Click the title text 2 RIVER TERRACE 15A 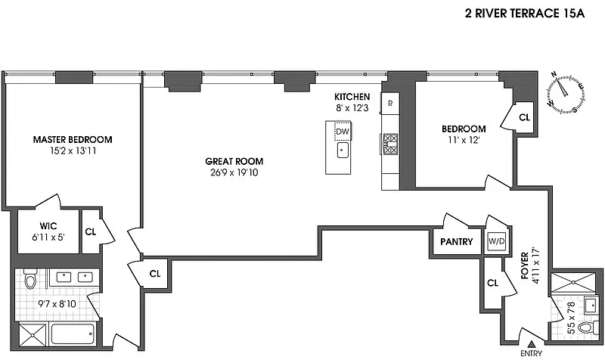click(525, 14)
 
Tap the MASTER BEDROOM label click(73, 139)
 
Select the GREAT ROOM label click(234, 161)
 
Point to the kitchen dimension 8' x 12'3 click(352, 108)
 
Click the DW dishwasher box click(343, 132)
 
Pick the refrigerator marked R click(390, 104)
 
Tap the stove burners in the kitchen click(390, 143)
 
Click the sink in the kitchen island click(343, 150)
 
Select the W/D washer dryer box click(497, 241)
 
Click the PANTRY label click(457, 241)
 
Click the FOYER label click(525, 265)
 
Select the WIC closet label click(48, 225)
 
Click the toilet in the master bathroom click(30, 278)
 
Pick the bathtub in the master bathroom click(73, 334)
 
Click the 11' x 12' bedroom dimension click(464, 140)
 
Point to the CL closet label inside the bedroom click(524, 117)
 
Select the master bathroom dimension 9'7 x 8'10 click(57, 304)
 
